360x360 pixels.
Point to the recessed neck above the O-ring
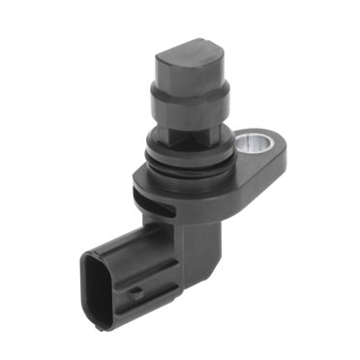click(x=189, y=135)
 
